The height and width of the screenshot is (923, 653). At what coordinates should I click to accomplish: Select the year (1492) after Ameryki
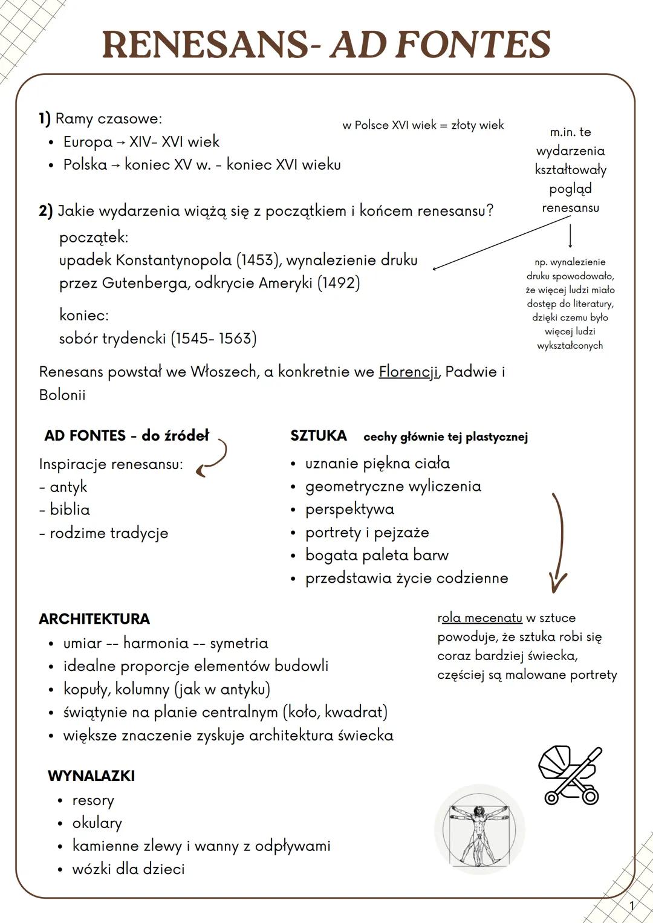(x=339, y=283)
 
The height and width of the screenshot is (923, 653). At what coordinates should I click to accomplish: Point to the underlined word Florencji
(x=408, y=372)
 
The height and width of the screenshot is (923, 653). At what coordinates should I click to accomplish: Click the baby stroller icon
(x=570, y=775)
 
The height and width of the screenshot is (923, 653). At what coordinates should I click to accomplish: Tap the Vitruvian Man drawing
(x=479, y=829)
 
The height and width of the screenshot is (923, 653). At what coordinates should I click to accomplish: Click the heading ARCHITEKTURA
(x=94, y=619)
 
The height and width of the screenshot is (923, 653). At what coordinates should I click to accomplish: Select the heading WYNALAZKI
(x=91, y=776)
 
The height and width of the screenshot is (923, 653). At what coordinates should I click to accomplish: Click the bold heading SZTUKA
(x=319, y=436)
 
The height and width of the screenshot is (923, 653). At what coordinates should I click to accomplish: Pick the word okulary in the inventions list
(x=97, y=823)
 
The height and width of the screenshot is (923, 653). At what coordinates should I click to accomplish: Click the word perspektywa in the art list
(x=349, y=510)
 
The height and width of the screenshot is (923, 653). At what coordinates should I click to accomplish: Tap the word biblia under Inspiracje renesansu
(x=70, y=510)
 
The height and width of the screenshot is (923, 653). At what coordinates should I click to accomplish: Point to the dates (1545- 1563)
(x=213, y=338)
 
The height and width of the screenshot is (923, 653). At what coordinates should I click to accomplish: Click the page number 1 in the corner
(x=632, y=905)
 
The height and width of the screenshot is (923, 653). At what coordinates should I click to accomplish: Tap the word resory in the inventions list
(x=93, y=800)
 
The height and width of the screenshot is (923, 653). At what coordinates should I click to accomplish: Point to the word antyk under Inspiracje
(x=68, y=487)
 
